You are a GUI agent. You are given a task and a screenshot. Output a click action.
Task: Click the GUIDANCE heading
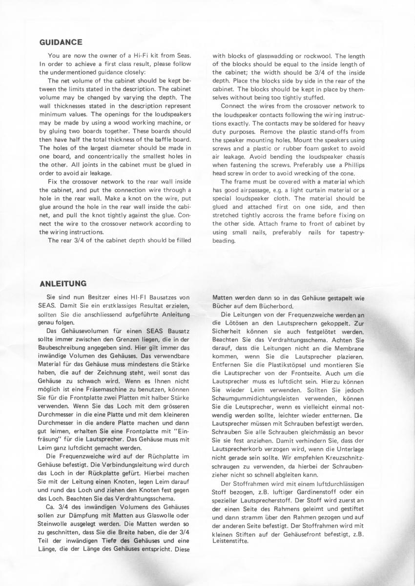61,42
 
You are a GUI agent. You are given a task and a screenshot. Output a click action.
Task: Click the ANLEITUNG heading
63,283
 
